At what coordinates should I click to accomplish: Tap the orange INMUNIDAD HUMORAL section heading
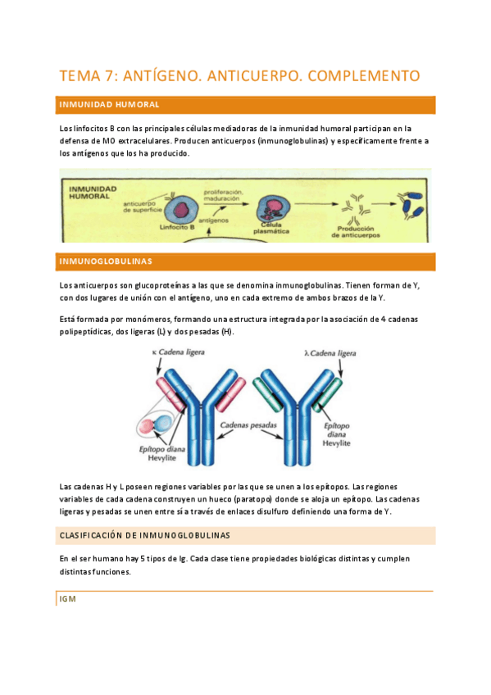110,105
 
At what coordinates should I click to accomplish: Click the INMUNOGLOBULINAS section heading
107,261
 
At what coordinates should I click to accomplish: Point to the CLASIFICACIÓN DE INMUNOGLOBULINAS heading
145,535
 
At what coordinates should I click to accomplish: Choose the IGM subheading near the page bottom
68,598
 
